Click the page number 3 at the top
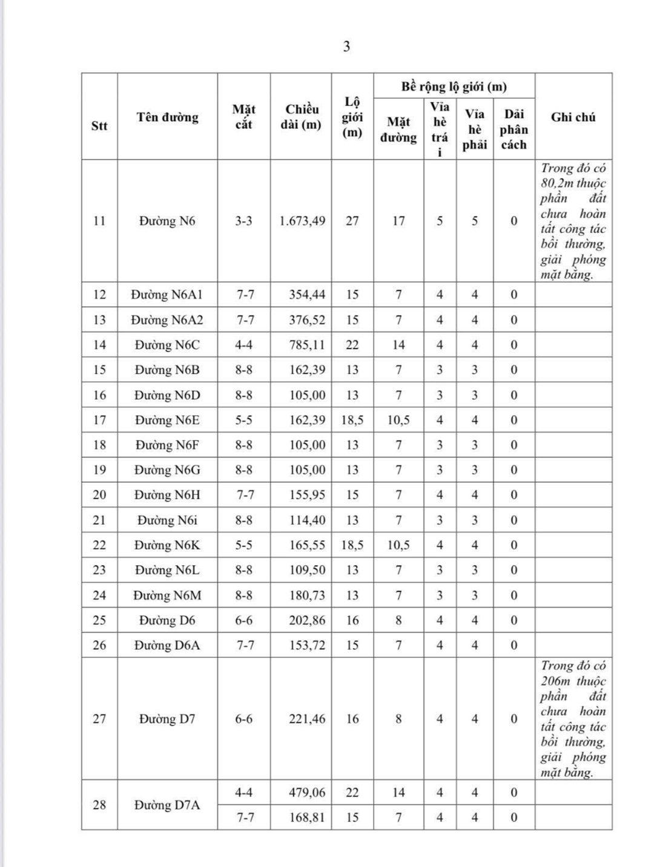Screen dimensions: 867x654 pyautogui.click(x=346, y=47)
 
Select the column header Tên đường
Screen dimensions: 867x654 pyautogui.click(x=167, y=117)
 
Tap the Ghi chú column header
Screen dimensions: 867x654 pyautogui.click(x=573, y=117)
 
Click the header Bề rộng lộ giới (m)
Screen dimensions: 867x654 pyautogui.click(x=454, y=87)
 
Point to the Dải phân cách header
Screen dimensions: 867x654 pyautogui.click(x=514, y=129)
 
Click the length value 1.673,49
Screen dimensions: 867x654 pyautogui.click(x=302, y=221)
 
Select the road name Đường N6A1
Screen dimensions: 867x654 pyautogui.click(x=167, y=295)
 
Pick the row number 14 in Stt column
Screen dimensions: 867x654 pyautogui.click(x=99, y=345)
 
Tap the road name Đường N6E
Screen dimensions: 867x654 pyautogui.click(x=167, y=420)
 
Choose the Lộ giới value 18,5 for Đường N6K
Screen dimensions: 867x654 pyautogui.click(x=352, y=545)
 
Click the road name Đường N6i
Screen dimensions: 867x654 pyautogui.click(x=167, y=520)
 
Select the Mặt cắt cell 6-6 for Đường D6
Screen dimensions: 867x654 pyautogui.click(x=243, y=620)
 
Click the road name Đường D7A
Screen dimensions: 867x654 pyautogui.click(x=167, y=805)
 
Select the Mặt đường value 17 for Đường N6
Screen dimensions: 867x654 pyautogui.click(x=398, y=221)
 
